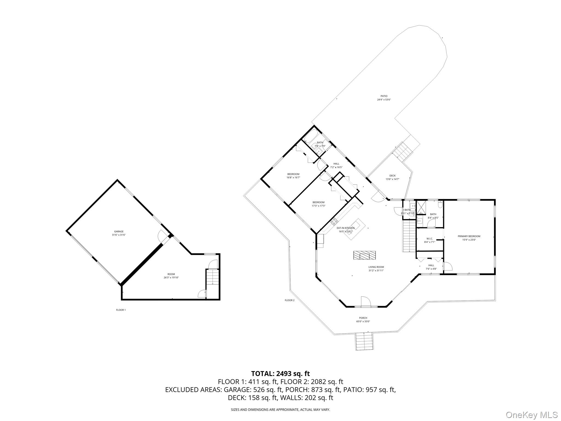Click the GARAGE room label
119,232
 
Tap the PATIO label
384,96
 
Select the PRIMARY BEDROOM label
469,236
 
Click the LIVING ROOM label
376,267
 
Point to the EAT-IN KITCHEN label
345,228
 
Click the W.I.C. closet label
429,238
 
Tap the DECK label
392,176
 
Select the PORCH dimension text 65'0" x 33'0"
363,322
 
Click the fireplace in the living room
364,255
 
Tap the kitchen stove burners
334,221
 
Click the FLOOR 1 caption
121,310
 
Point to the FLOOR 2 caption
290,300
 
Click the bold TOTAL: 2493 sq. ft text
280,374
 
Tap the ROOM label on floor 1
171,274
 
